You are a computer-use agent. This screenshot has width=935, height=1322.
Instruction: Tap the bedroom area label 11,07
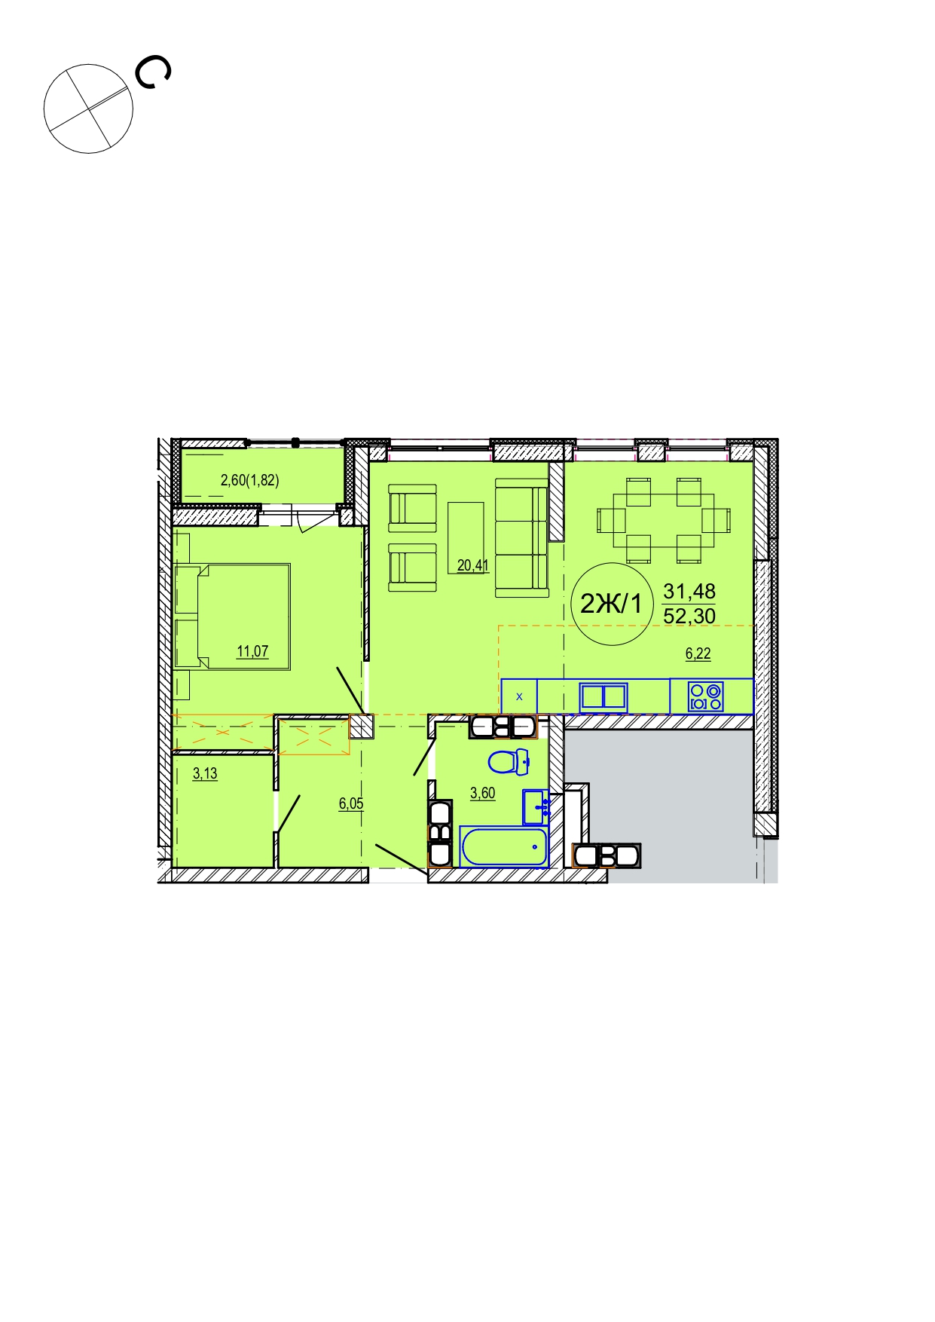(252, 651)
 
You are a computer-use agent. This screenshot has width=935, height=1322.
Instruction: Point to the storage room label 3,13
(205, 773)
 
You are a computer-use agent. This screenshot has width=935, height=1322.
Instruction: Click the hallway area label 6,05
(351, 803)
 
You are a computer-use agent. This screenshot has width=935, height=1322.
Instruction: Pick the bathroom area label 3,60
(483, 793)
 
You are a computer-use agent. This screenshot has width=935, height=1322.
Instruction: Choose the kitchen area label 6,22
(698, 653)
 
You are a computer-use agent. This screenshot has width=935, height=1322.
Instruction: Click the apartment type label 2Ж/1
(611, 604)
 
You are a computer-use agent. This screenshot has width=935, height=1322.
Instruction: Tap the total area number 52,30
(689, 616)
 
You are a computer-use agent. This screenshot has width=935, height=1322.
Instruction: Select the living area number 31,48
(689, 591)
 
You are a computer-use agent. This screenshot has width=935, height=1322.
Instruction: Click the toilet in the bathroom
(509, 762)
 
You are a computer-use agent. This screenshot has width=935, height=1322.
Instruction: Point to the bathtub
(503, 847)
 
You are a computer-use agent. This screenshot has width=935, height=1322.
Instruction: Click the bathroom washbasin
(535, 807)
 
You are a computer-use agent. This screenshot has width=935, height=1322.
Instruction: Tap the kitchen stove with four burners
(706, 696)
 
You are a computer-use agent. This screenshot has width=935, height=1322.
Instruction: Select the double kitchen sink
(603, 696)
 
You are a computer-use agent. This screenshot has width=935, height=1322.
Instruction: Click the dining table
(664, 520)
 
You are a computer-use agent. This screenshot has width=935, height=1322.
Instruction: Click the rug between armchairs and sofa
(466, 538)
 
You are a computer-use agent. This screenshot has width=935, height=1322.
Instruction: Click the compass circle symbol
(88, 109)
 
